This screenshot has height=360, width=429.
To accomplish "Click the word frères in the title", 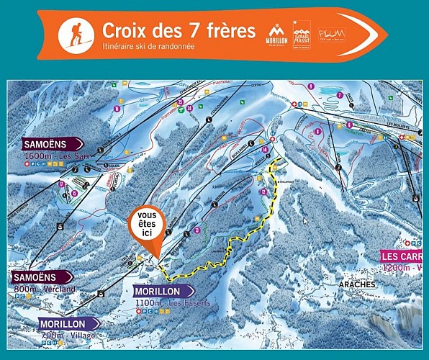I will point(230,30).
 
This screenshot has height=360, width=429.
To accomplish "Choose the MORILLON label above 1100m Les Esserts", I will point(163,290).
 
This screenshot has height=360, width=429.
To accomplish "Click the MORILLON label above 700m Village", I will point(68,323).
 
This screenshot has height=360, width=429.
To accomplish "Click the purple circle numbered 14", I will point(265,149).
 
